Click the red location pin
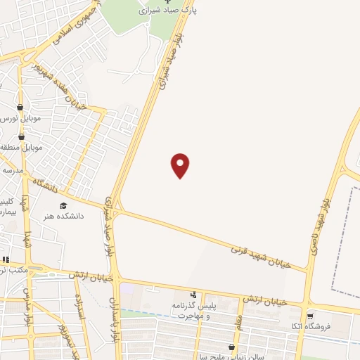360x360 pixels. click(181, 165)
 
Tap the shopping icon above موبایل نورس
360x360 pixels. click(20, 108)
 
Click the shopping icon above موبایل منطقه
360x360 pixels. click(20, 136)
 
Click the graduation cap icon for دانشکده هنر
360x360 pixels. click(63, 206)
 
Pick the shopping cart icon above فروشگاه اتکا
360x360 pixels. click(310, 316)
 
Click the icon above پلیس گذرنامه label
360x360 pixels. click(194, 295)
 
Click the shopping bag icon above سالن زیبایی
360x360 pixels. click(231, 347)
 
